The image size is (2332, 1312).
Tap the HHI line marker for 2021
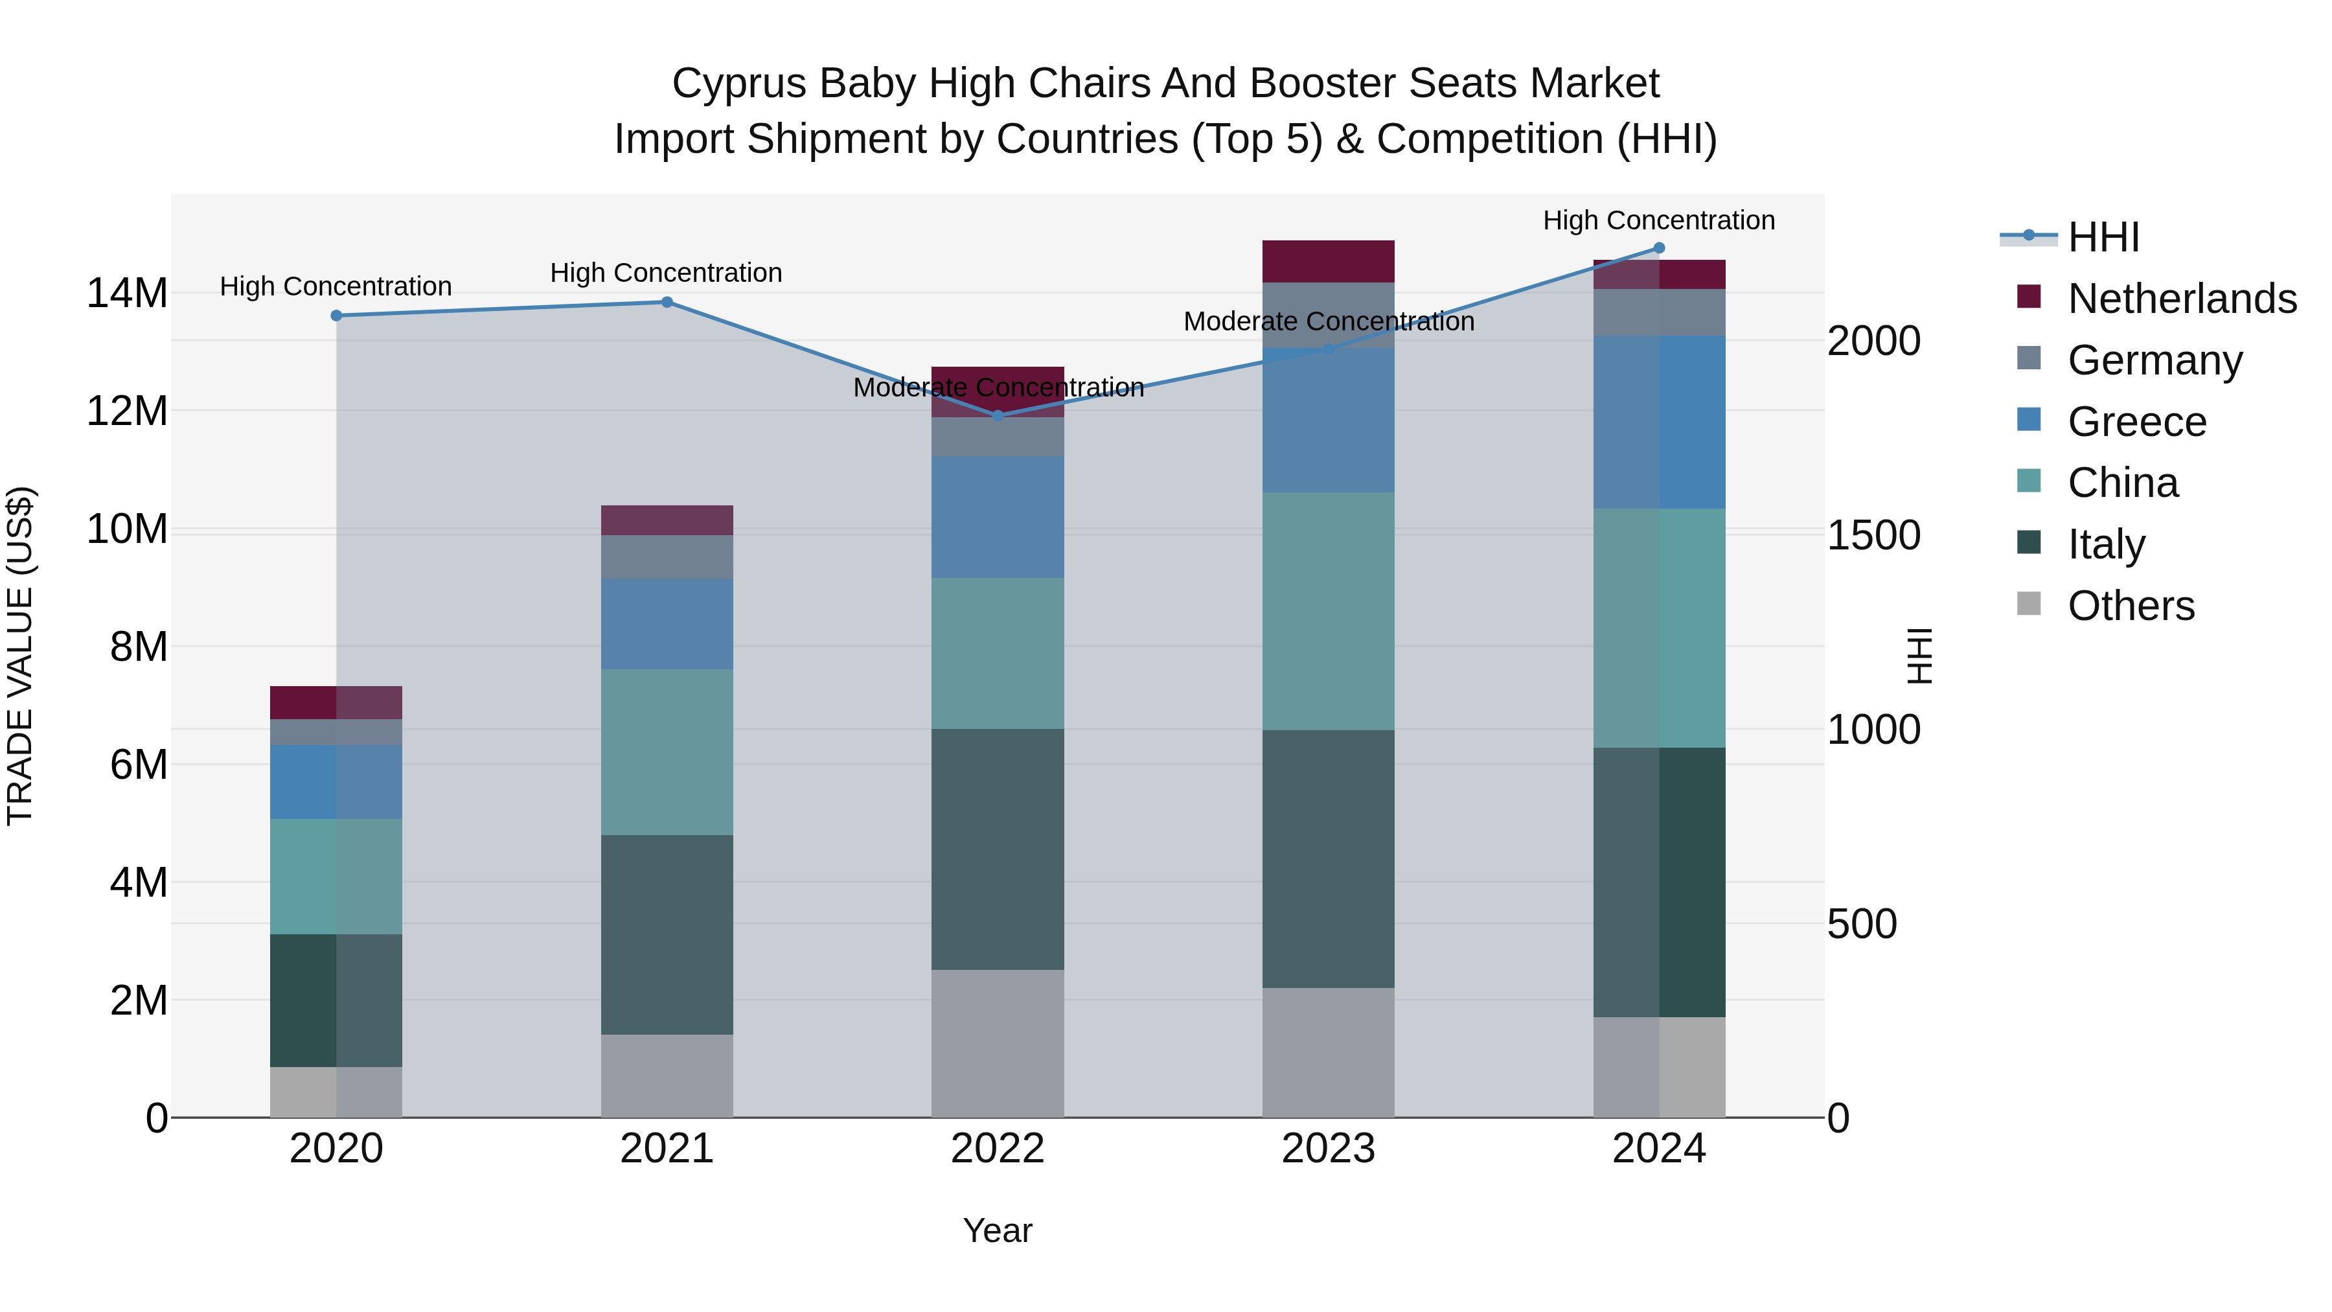(667, 303)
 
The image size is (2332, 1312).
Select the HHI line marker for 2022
(998, 415)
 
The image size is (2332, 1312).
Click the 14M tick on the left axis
(127, 293)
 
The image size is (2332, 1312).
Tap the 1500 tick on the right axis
(1873, 535)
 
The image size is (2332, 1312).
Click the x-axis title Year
(997, 1230)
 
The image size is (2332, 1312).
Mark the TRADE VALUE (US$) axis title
(20, 656)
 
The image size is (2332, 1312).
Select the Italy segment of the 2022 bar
(998, 849)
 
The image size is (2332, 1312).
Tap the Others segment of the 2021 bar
(667, 1076)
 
